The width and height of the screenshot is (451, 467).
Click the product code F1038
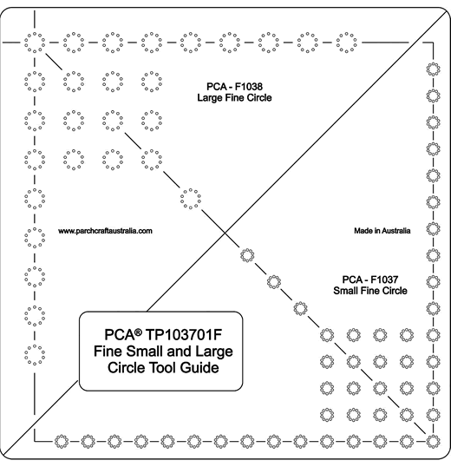[x=249, y=87]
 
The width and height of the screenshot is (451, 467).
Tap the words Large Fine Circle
[x=234, y=98]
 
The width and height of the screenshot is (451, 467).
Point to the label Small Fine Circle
[x=370, y=291]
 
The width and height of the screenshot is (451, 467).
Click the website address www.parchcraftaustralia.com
[x=105, y=231]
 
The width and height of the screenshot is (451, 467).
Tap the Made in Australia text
[x=382, y=231]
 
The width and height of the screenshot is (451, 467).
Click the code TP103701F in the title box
[x=184, y=335]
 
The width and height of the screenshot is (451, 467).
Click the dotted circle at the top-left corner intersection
[x=35, y=43]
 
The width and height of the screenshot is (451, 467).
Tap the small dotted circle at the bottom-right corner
[x=433, y=441]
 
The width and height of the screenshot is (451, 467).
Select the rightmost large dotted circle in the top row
[x=347, y=43]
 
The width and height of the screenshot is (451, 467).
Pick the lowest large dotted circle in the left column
[x=35, y=355]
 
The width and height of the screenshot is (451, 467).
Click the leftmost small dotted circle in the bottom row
[x=62, y=441]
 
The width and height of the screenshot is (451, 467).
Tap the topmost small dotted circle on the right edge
[x=433, y=69]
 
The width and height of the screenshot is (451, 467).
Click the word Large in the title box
[x=214, y=352]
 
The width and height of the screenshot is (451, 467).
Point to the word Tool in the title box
[x=159, y=367]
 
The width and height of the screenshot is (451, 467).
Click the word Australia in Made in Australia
[x=396, y=231]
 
